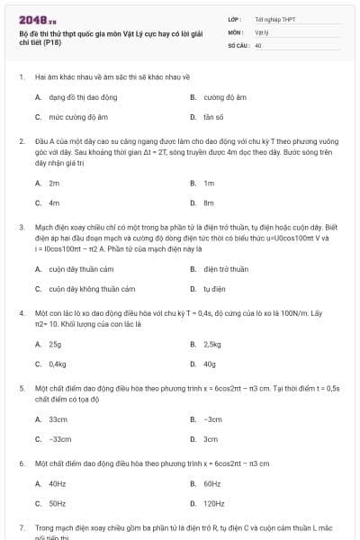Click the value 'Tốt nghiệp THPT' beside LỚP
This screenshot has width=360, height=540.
click(x=274, y=19)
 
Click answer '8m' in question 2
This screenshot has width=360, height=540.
click(x=209, y=202)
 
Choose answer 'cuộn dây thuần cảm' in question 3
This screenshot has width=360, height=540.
click(x=82, y=269)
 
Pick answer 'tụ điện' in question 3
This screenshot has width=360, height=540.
click(x=214, y=289)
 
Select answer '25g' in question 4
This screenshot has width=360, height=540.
click(x=55, y=344)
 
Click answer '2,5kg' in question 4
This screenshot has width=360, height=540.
click(x=212, y=344)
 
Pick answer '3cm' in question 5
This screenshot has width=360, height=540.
click(x=211, y=439)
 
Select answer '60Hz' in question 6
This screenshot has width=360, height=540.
click(x=212, y=483)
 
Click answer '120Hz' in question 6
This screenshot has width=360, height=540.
click(x=214, y=504)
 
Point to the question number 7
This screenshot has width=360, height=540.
click(x=22, y=526)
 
